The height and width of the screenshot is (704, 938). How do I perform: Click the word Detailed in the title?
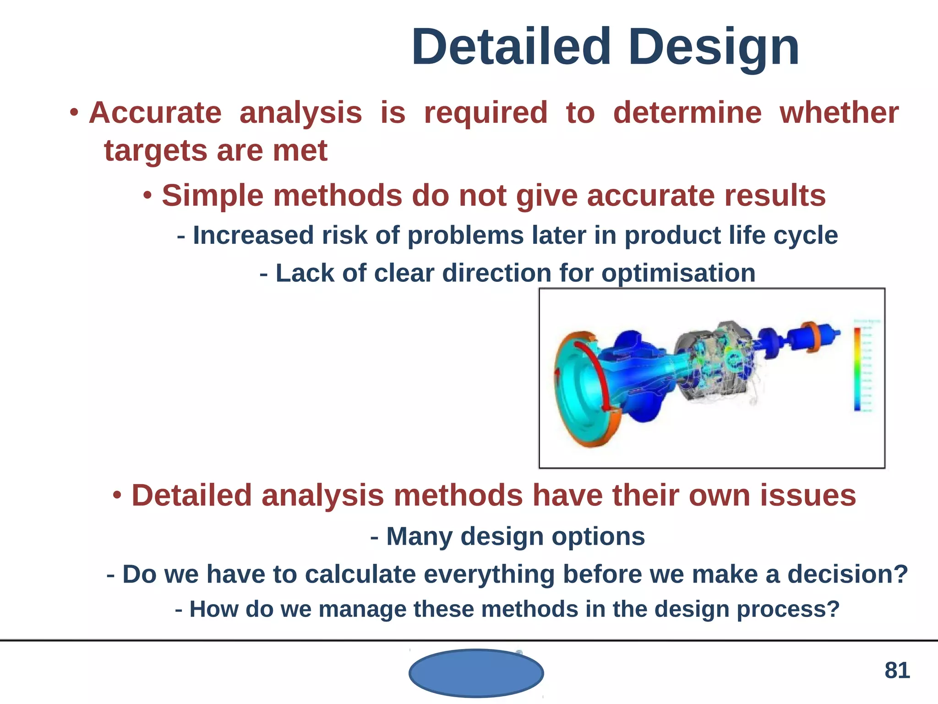[511, 47]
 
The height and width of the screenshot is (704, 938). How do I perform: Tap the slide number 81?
[897, 670]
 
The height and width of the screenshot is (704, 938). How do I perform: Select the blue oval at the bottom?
[476, 673]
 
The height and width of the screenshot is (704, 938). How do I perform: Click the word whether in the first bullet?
[839, 113]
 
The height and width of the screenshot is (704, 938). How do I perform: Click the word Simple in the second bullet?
[213, 196]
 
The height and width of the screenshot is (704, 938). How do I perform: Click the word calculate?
[360, 574]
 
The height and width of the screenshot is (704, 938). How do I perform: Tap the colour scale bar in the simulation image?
[857, 369]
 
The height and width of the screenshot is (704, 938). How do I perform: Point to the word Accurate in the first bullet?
[155, 113]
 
